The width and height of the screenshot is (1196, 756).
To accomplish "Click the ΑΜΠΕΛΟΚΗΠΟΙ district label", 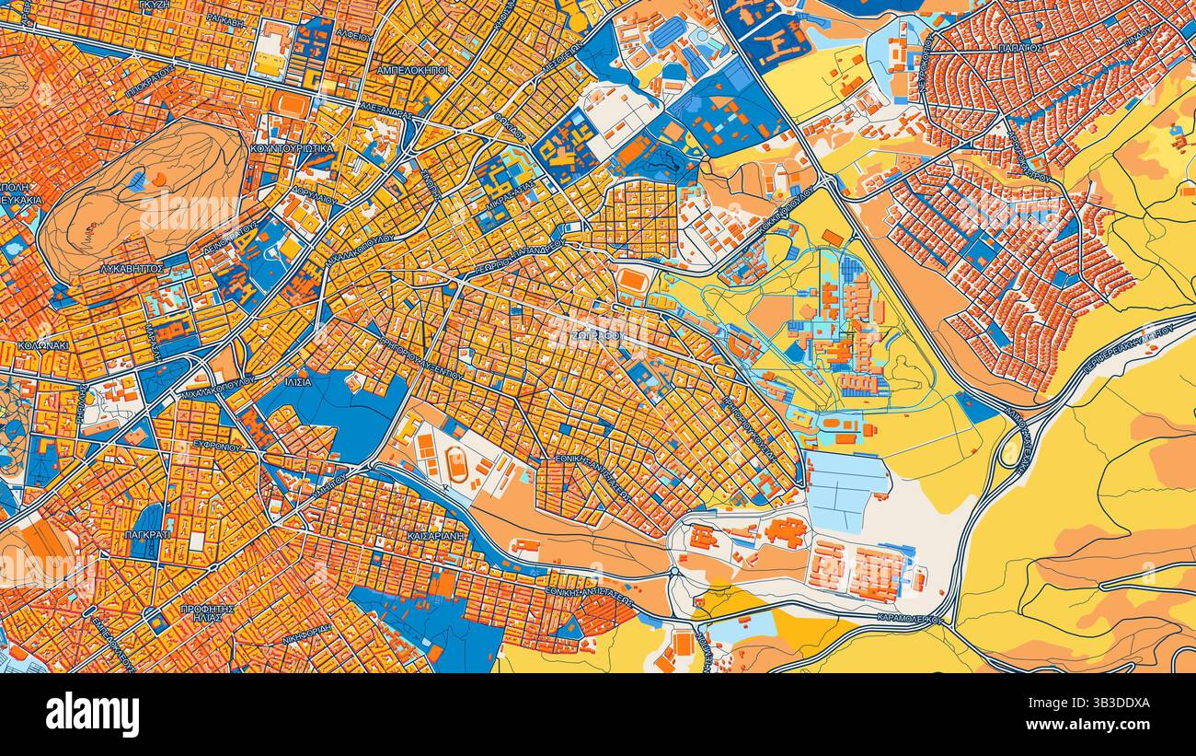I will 412,69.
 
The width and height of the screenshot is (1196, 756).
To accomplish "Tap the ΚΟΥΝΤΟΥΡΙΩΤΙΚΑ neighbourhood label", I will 292,147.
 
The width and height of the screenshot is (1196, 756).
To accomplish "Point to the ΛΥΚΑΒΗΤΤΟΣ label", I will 132,269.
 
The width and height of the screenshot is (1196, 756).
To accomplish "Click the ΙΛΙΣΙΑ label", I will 298,382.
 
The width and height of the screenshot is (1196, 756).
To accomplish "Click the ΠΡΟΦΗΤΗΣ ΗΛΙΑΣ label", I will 207,614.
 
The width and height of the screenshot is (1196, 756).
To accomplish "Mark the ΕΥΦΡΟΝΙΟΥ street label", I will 218,448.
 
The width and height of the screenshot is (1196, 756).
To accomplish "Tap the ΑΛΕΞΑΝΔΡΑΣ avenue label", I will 385,108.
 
